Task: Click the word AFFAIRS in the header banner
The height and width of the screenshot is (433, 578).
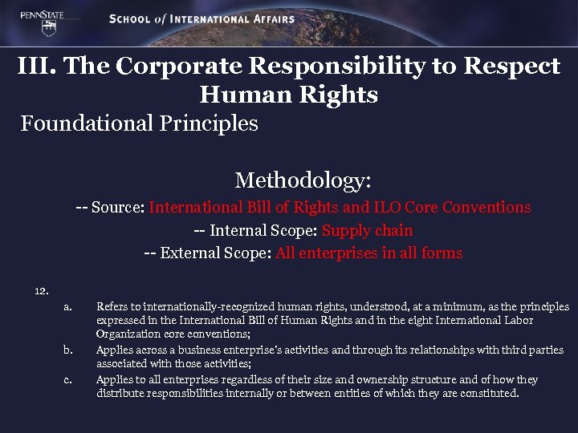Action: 265,18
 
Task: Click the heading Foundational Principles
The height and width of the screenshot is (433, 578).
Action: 140,123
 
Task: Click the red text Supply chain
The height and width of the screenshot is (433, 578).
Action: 368,230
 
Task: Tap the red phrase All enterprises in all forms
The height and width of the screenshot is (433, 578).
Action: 368,253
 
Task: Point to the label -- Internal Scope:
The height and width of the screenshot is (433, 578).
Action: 255,230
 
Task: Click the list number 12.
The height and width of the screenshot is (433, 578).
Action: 42,290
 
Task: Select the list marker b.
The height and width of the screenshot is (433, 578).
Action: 67,350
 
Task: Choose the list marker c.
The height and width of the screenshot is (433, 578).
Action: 67,379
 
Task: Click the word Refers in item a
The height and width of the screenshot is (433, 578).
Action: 111,306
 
